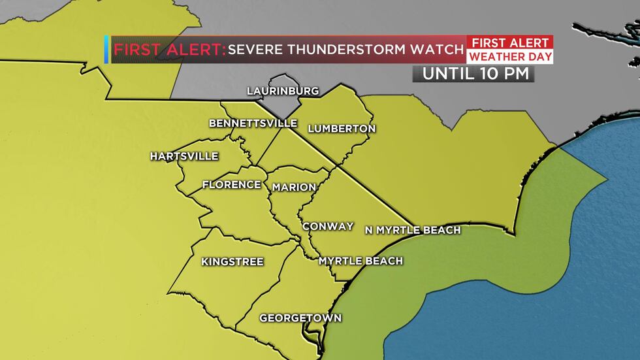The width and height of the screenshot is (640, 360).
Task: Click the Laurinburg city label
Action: click(283, 91)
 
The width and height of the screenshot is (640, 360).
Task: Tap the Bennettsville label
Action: click(244, 123)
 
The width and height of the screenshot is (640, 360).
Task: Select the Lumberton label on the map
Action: click(342, 129)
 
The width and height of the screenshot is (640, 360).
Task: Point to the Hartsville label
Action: click(184, 156)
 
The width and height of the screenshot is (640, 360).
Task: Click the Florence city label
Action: click(232, 185)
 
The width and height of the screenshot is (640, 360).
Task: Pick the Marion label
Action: click(294, 188)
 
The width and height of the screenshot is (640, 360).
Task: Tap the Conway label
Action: click(328, 227)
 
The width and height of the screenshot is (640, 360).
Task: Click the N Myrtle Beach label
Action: click(413, 230)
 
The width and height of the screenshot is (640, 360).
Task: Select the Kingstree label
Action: click(232, 262)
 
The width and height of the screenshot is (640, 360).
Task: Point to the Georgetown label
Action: click(300, 318)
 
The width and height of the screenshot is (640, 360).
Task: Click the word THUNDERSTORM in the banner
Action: click(345, 50)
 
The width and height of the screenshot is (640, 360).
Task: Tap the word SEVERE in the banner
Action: click(253, 50)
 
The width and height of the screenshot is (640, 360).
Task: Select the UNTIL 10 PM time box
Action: click(473, 74)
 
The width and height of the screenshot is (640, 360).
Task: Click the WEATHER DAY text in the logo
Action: click(510, 57)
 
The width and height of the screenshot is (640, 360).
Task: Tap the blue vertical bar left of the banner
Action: click(106, 50)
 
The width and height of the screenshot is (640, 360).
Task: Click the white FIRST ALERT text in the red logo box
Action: click(510, 42)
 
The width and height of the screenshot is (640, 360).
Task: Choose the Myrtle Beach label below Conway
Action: click(360, 261)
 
